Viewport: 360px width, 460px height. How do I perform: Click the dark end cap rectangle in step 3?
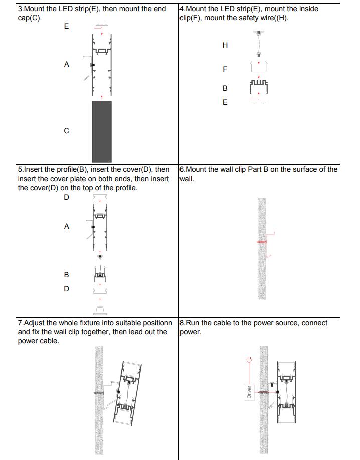tap(102, 131)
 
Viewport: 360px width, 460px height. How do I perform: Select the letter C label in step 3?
tap(67, 131)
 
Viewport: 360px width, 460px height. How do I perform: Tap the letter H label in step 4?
tap(225, 45)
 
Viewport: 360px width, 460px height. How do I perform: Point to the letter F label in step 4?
tap(225, 69)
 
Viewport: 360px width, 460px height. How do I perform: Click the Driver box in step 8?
tap(249, 391)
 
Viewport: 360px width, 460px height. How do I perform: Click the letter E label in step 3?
tap(67, 26)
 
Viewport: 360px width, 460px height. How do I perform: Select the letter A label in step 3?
tap(67, 64)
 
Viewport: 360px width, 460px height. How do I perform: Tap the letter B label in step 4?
tap(225, 88)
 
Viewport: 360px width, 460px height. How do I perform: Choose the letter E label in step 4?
tap(225, 102)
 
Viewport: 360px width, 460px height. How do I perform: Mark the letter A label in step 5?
tap(67, 226)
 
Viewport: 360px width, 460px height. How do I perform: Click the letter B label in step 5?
tap(67, 275)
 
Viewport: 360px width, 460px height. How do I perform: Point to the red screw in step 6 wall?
tap(262, 242)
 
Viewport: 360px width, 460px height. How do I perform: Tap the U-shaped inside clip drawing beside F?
tap(258, 67)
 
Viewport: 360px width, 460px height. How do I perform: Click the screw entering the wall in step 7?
tap(99, 393)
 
